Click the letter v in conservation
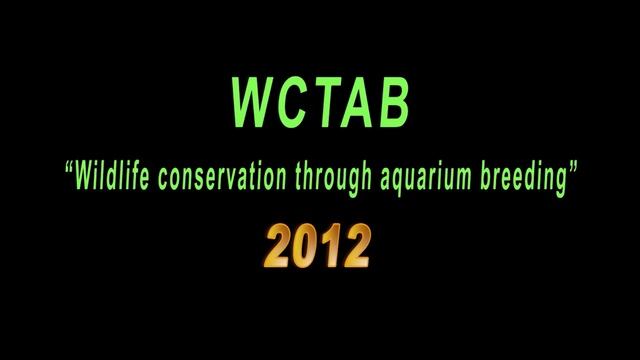(x=232, y=181)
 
